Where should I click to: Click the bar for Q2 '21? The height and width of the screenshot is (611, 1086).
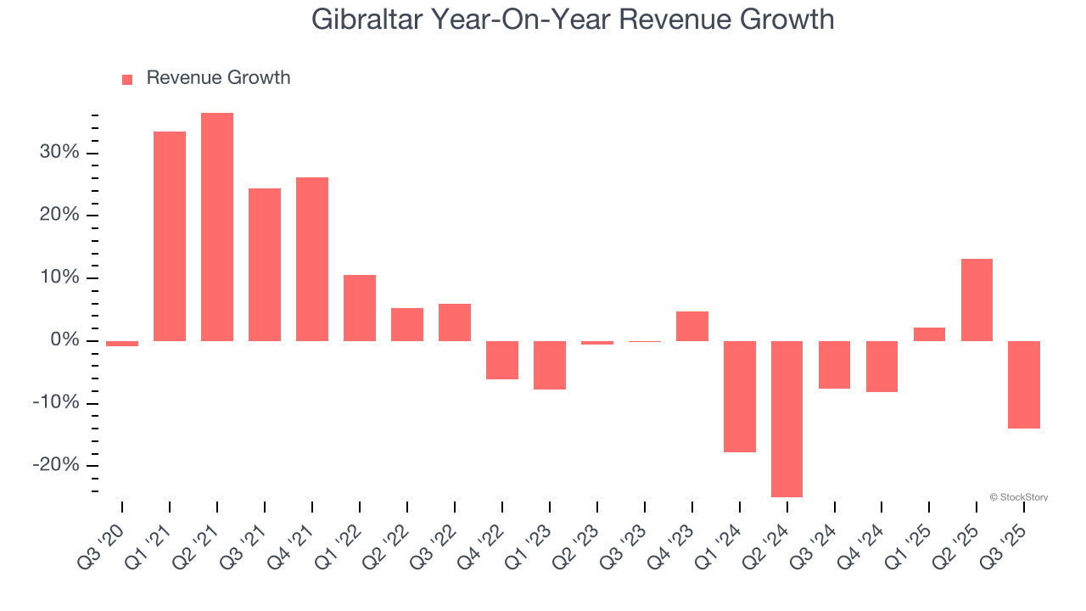[x=217, y=227]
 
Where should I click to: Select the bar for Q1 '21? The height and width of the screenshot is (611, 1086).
[x=170, y=236]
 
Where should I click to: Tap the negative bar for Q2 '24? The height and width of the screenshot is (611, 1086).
[x=787, y=418]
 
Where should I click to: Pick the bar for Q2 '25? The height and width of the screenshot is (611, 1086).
[x=977, y=300]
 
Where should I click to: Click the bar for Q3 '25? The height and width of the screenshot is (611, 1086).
[x=1024, y=384]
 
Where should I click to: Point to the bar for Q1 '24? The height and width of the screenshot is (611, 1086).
[x=739, y=396]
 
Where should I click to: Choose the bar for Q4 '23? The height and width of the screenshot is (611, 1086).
[x=691, y=326]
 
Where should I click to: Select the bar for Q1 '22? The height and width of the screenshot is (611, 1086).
[x=360, y=307]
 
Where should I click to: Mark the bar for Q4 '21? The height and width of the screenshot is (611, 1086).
[x=312, y=259]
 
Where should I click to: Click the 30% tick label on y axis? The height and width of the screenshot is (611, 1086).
[x=58, y=153]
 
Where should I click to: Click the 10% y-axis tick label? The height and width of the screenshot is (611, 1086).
[x=58, y=277]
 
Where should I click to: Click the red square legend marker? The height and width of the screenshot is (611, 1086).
[x=127, y=79]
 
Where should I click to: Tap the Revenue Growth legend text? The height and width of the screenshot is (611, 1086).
[x=218, y=78]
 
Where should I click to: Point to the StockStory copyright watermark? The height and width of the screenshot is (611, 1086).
[x=1018, y=497]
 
